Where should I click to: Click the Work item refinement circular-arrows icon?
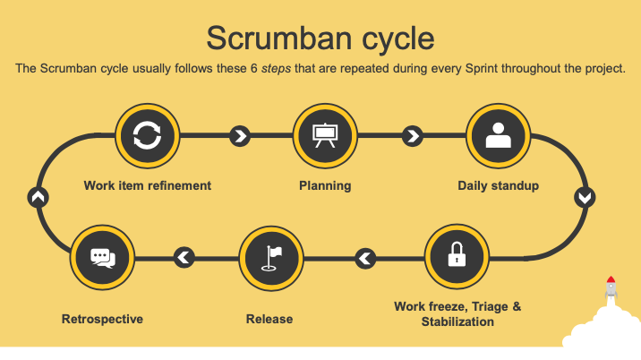(x=147, y=135)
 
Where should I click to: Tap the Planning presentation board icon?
(x=325, y=135)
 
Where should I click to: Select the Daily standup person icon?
(x=498, y=135)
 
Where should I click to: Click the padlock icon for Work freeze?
(x=457, y=254)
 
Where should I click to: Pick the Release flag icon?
(x=271, y=258)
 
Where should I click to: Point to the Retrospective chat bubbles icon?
(x=103, y=258)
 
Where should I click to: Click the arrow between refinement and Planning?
(x=240, y=136)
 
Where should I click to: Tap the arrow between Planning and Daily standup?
(x=413, y=136)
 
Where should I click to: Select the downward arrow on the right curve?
(x=585, y=198)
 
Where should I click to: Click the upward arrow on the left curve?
(x=38, y=198)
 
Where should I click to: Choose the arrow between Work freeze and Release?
(x=365, y=258)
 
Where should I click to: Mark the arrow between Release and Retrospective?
(x=184, y=257)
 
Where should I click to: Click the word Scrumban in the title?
(x=279, y=38)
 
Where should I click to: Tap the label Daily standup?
(x=498, y=185)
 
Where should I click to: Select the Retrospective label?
(x=102, y=319)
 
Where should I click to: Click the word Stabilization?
(x=457, y=322)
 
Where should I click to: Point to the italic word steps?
(x=277, y=68)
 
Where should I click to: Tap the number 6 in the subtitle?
(x=254, y=68)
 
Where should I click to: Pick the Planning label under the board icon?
(x=325, y=185)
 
